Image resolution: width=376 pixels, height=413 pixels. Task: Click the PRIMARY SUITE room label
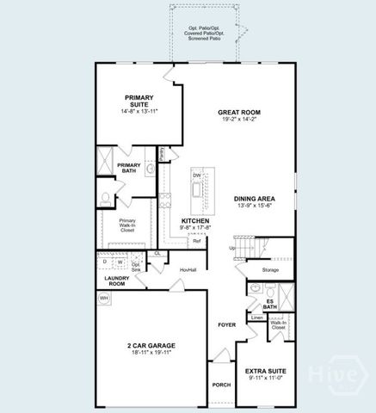coord(139,102)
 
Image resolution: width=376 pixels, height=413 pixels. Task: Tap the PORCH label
coord(221,385)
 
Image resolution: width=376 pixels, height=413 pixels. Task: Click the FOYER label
coord(226,324)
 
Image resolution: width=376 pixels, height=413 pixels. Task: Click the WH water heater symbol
coord(104,298)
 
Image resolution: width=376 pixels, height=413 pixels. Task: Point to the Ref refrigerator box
coord(197,241)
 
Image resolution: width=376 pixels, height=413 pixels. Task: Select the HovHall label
coord(188,270)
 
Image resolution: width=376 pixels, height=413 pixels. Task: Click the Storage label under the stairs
coord(271,270)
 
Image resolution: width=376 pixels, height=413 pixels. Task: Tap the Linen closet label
coord(256,317)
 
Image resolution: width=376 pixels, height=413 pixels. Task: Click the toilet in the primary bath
coord(105,197)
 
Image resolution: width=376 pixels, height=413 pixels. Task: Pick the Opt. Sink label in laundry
coord(136,266)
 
